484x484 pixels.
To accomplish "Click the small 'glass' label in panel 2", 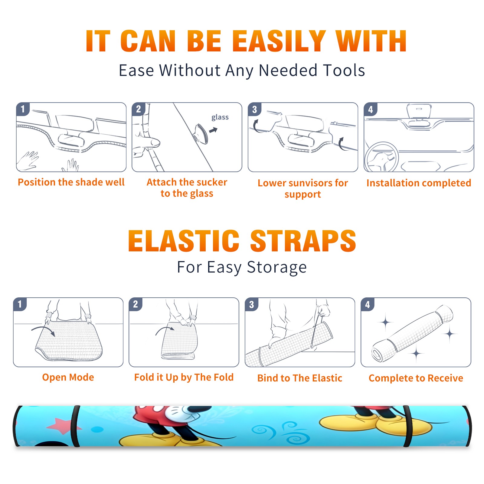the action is pos(220,117).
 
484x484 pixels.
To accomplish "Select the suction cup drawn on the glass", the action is pos(201,133).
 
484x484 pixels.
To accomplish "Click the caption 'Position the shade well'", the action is pos(71,182).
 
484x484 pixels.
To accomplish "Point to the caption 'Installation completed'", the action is pos(419,183).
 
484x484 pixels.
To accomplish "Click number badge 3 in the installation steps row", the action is pos(254,110).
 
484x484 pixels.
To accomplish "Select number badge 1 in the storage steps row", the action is pos(20,304).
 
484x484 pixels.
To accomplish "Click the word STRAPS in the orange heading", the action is pos(303,241).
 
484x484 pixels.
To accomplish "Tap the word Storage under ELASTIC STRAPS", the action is pos(277,267).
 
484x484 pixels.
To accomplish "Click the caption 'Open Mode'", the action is pos(68,377).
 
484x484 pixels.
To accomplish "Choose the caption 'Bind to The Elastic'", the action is pos(300,378).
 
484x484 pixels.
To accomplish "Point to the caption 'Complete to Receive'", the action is pos(416,378).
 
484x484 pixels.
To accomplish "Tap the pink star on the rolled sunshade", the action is pos(62,426).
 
